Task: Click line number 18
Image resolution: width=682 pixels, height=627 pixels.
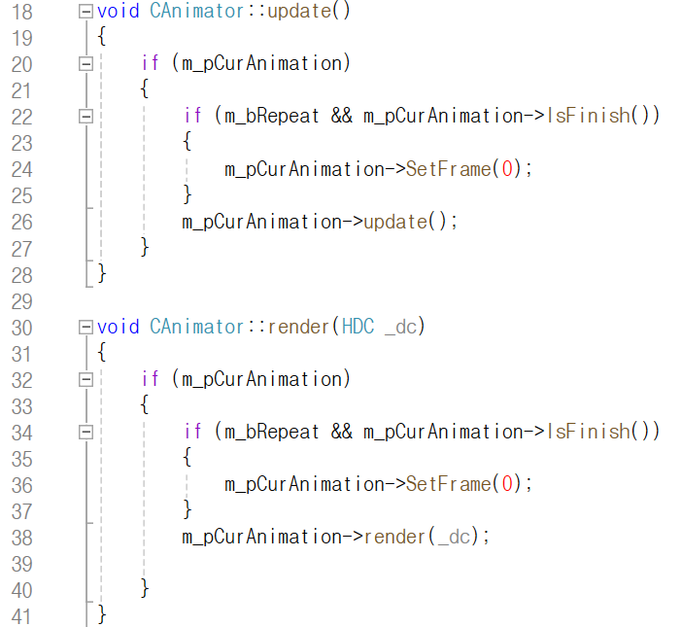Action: (x=20, y=12)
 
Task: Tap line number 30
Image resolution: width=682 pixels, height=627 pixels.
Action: (x=20, y=328)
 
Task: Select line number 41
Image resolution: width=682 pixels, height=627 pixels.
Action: (x=20, y=616)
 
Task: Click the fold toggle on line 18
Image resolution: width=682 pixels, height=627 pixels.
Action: (x=85, y=12)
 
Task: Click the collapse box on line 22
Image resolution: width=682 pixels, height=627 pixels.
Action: (x=85, y=117)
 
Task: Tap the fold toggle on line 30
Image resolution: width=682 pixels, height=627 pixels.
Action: (x=85, y=328)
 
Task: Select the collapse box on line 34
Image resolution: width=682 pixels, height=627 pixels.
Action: (x=85, y=432)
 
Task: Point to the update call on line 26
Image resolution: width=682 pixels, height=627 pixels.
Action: (x=395, y=222)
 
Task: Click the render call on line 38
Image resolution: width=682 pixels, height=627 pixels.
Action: (x=395, y=537)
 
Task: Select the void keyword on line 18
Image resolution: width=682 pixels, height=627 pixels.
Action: (x=119, y=12)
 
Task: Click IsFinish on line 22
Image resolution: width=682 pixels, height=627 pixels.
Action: (x=589, y=116)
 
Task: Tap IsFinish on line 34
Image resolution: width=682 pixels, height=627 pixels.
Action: (x=589, y=431)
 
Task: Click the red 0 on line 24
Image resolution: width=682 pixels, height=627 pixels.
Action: (x=502, y=169)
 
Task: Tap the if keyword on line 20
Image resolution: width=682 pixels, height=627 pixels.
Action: (x=150, y=64)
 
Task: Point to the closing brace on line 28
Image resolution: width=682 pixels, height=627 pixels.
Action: (x=102, y=274)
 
